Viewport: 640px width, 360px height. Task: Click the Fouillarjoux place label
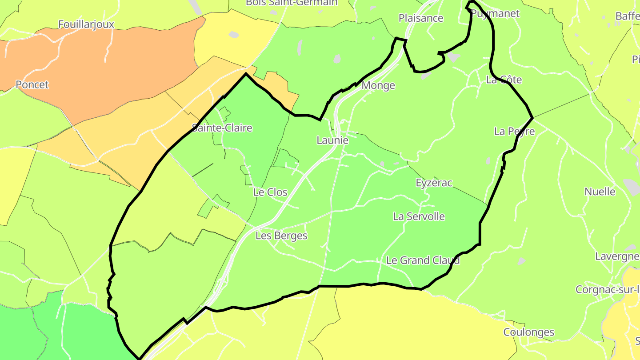click(86, 24)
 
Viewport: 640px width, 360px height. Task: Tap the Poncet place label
click(32, 84)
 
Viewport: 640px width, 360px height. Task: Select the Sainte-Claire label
click(222, 128)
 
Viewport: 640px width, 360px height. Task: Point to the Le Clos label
click(270, 192)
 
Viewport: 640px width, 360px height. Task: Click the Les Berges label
click(281, 236)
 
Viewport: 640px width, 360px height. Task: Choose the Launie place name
click(332, 140)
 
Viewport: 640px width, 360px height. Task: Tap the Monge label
click(378, 85)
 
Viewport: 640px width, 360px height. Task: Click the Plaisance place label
click(421, 18)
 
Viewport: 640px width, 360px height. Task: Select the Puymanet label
click(495, 14)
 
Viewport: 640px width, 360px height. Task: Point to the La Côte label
click(504, 80)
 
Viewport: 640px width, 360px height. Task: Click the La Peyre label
click(514, 132)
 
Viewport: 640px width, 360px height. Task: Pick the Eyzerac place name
click(434, 183)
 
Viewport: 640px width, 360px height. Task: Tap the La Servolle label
click(419, 216)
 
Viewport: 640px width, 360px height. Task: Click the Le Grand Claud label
click(423, 260)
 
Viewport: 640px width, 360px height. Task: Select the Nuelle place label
click(600, 192)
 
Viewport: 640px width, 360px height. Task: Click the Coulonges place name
click(528, 332)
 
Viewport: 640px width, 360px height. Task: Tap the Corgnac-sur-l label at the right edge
click(607, 290)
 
